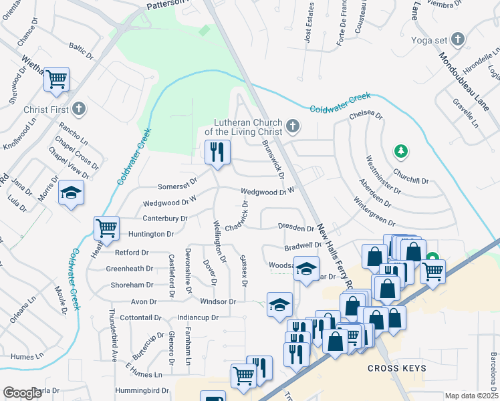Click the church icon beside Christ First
coord(79,108)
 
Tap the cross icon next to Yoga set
coord(458,39)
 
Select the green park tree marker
coord(400,152)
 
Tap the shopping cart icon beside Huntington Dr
coord(107,229)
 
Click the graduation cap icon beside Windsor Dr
coord(279,305)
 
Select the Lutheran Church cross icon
coord(292,126)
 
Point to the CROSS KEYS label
coord(397,369)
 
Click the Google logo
coord(22,393)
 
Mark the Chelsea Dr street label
coord(366,116)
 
